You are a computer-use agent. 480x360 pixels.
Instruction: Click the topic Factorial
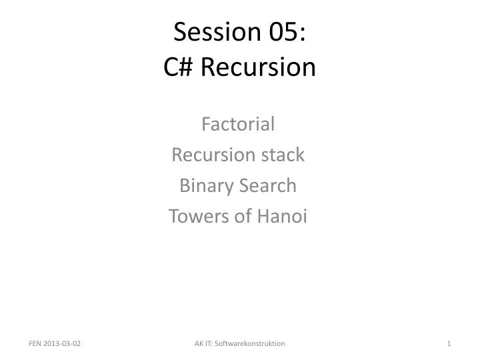pyautogui.click(x=238, y=124)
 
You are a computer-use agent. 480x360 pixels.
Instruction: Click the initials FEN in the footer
pyautogui.click(x=35, y=343)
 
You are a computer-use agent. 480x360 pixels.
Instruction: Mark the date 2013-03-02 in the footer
pyautogui.click(x=64, y=343)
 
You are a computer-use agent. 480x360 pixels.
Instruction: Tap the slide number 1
pyautogui.click(x=450, y=343)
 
